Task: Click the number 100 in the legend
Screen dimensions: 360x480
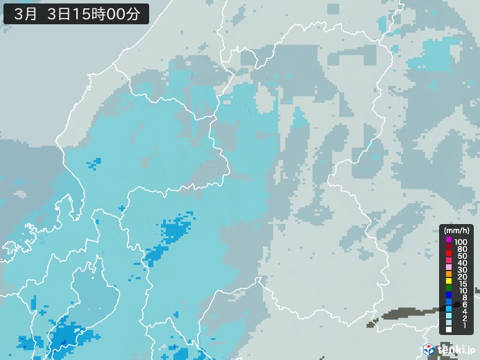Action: [462, 241]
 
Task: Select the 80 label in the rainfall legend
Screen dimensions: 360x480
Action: [462, 248]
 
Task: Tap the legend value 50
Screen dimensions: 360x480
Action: [462, 255]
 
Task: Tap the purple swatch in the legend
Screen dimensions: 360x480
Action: [449, 240]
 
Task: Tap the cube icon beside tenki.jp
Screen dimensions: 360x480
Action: [429, 349]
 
